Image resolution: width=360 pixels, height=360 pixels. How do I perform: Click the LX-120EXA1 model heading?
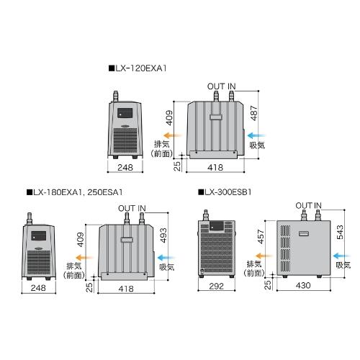[138, 68]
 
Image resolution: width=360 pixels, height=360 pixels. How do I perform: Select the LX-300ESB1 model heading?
[225, 192]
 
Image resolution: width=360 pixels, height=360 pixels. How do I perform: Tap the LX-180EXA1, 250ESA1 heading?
[75, 192]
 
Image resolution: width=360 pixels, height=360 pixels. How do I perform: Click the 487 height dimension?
[253, 113]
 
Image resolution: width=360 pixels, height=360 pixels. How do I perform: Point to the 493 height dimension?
[163, 235]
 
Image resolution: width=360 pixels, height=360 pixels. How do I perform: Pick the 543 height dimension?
[340, 232]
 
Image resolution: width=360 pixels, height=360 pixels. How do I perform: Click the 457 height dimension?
[261, 237]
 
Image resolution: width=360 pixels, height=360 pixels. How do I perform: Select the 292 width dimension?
[216, 286]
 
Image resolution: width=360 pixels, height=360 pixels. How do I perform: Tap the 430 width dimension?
[303, 285]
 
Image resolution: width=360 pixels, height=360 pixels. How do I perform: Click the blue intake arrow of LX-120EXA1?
[256, 135]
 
